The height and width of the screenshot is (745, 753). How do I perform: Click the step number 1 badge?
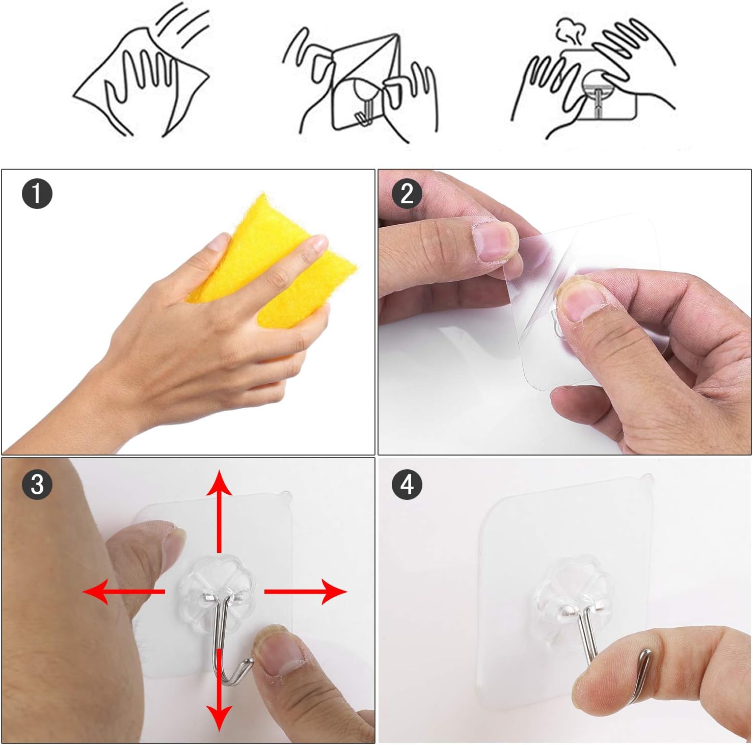coord(37,194)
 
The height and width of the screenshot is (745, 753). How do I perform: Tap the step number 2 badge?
coord(407,194)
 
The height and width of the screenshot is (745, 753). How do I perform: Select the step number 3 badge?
coord(37,484)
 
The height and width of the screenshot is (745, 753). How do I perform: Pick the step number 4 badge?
coord(407,484)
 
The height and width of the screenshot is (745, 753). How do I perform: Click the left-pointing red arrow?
coord(124,592)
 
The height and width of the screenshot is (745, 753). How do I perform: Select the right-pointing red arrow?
coord(306,592)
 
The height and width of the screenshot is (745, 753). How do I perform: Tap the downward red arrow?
coord(219,689)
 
